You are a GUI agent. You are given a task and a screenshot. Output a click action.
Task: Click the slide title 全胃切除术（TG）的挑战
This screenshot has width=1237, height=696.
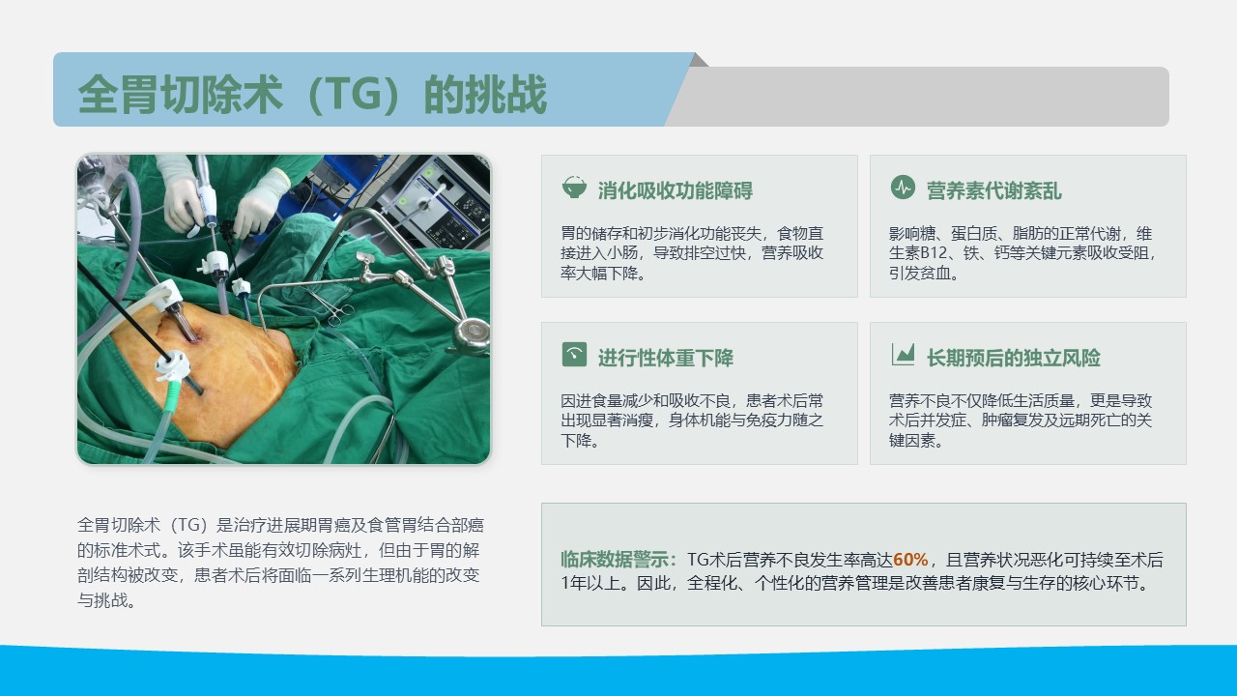[x=312, y=95]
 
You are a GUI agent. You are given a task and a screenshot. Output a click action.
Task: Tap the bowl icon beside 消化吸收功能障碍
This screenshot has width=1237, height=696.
[x=574, y=188]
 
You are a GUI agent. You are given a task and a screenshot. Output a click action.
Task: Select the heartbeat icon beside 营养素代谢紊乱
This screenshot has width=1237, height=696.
[x=903, y=188]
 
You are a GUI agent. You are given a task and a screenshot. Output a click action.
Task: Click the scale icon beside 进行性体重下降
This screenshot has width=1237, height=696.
[x=574, y=354]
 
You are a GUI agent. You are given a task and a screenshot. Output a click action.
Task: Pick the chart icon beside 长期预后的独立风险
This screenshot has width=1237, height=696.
[x=903, y=354]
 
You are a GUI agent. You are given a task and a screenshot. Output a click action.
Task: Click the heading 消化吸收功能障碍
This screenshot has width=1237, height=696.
[x=675, y=190]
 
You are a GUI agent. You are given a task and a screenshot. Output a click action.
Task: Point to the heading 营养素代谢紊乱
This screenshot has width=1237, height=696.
[x=994, y=190]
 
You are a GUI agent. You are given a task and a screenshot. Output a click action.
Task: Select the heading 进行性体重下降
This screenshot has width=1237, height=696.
[x=666, y=358]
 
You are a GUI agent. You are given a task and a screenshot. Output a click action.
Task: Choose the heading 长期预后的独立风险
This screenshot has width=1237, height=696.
[x=1014, y=358]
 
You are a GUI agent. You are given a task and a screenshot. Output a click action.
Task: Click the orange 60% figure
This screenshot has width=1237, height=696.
[x=910, y=560]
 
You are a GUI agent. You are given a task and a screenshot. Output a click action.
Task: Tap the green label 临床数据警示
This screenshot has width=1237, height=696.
[x=615, y=560]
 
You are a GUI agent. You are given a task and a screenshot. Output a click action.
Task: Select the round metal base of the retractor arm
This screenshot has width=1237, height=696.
[x=471, y=333]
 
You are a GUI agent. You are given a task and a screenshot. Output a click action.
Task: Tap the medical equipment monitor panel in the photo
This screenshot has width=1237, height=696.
[x=442, y=203]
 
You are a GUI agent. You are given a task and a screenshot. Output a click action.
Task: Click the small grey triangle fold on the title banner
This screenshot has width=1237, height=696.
[x=701, y=61]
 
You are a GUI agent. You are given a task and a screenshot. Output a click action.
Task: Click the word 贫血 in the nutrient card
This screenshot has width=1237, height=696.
[x=935, y=273]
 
